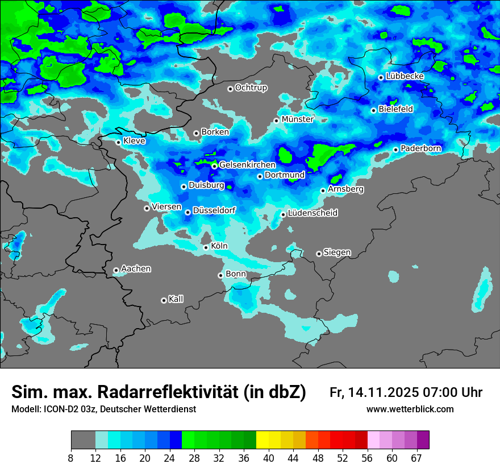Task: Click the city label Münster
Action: click(x=297, y=119)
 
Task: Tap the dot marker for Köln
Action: click(x=206, y=247)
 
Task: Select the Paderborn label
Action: click(x=420, y=148)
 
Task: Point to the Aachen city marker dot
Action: click(x=116, y=270)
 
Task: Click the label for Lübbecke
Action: click(x=405, y=76)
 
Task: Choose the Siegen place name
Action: click(x=337, y=252)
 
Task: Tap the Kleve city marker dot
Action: click(x=118, y=142)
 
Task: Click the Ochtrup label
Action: click(x=251, y=88)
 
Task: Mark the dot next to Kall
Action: click(x=164, y=300)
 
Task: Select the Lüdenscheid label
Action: click(x=312, y=213)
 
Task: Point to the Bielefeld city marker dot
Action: click(x=373, y=110)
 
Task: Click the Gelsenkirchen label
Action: click(x=247, y=165)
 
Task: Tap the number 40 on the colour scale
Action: click(x=269, y=458)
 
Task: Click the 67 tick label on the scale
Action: click(x=417, y=458)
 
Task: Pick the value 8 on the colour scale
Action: click(x=71, y=458)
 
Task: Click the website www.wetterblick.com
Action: click(x=410, y=409)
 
